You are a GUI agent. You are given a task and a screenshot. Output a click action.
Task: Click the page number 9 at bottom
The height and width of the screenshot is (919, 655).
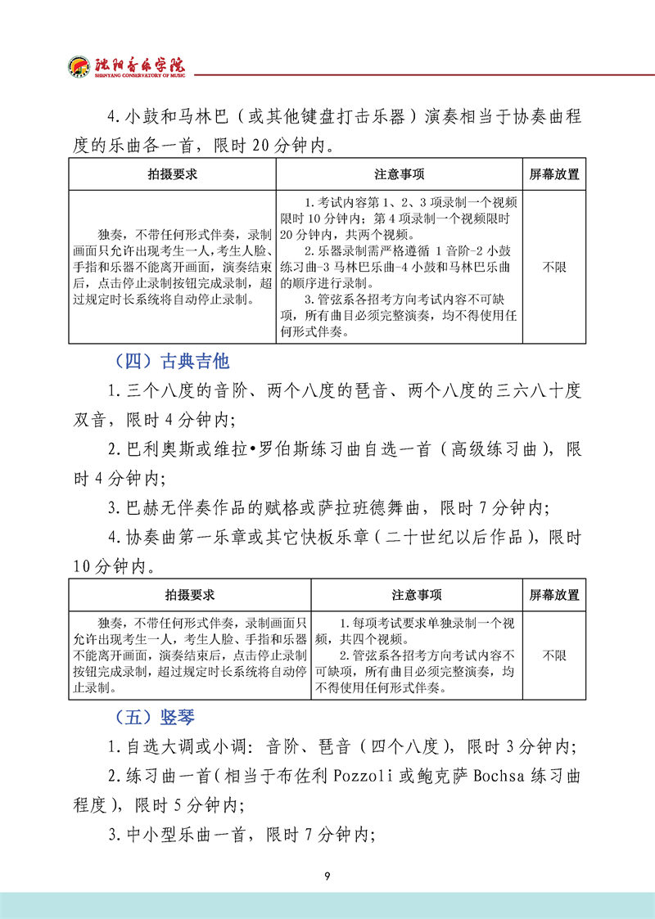327,877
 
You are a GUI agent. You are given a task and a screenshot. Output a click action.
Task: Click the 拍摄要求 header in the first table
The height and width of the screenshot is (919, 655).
172,174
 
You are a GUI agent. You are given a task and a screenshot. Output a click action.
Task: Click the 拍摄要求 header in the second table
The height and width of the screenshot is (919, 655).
190,595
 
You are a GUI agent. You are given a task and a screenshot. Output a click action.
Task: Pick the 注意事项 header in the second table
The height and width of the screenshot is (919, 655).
417,595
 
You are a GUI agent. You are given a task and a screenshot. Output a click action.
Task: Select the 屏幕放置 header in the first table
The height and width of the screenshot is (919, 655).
554,174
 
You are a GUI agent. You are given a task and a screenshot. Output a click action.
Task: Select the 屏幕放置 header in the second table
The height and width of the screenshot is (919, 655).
554,595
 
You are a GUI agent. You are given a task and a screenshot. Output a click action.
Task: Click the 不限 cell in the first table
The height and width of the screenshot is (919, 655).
554,267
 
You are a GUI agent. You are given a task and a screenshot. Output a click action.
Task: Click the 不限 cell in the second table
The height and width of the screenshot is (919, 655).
554,655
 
